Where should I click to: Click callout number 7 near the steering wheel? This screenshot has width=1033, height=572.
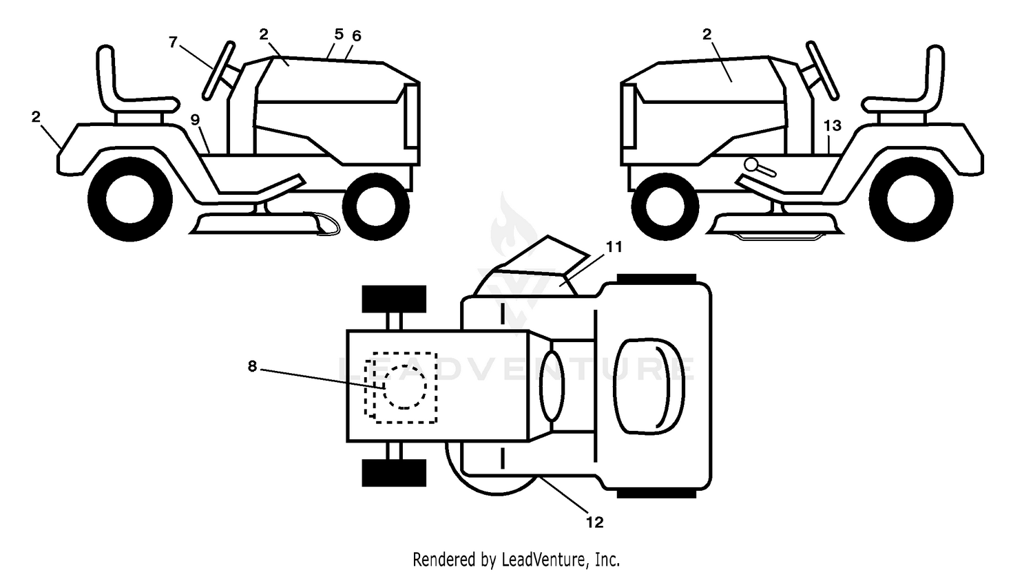pos(173,43)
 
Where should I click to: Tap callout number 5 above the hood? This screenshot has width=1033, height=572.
pos(339,34)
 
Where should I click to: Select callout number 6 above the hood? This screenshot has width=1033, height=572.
pos(357,36)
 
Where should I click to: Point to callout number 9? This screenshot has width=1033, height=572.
pos(195,120)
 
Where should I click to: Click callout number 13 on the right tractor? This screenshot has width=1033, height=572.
pos(833,125)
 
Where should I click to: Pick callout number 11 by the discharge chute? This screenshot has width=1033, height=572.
pos(614,247)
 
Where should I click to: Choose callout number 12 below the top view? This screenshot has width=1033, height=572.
pos(595,522)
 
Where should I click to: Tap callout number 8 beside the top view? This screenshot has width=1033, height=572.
pos(252,366)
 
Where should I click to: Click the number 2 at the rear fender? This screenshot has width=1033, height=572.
pos(36,117)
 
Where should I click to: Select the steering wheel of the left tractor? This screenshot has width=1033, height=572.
pos(218,70)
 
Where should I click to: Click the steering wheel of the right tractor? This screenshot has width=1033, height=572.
pos(822,70)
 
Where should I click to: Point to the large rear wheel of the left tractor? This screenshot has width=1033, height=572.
pos(130,199)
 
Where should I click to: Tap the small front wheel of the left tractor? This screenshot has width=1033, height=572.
pos(376,206)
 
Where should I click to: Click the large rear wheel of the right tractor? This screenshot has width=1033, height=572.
pos(911,199)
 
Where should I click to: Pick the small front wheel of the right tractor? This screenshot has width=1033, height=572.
pos(665,206)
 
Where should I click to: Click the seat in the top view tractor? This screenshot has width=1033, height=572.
pos(649,386)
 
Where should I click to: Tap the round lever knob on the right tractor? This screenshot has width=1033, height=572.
pos(751,164)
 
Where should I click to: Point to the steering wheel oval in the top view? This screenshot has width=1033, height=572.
pos(552,385)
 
